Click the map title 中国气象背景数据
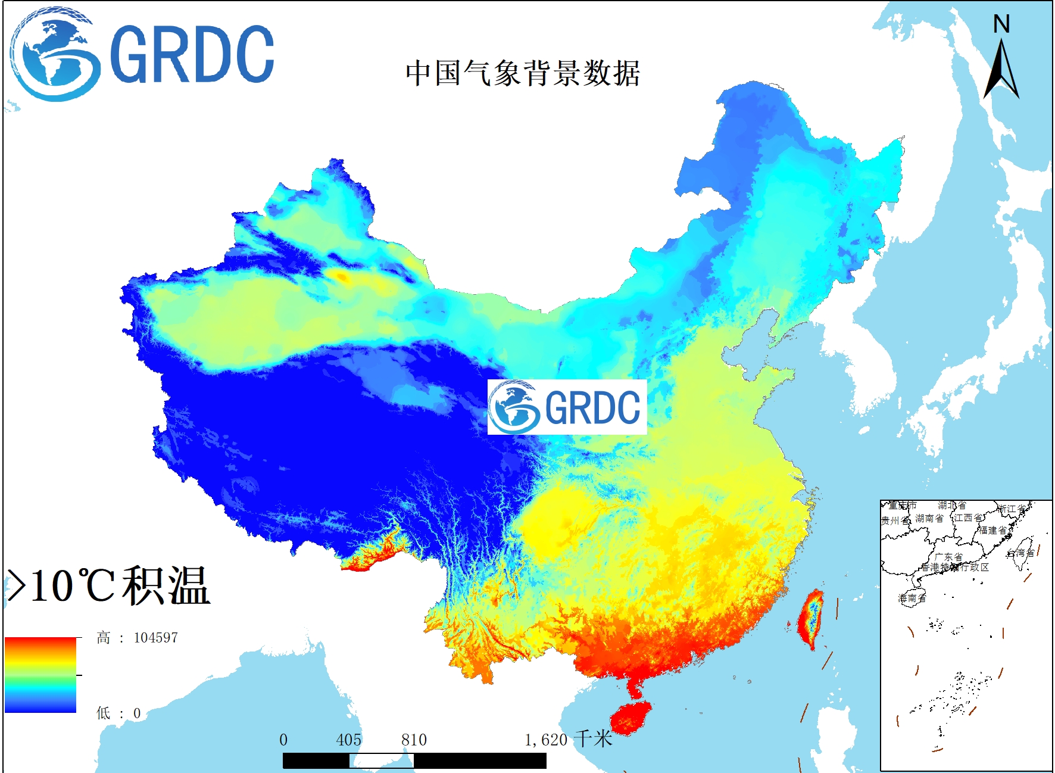tap(522, 73)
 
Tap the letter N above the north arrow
tap(1001, 24)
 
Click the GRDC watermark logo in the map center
tap(567, 407)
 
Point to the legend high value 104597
tap(155, 638)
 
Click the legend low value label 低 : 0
tap(118, 713)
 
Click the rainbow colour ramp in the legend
tap(40, 675)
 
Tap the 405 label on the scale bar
tap(348, 740)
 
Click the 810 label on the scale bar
tap(414, 740)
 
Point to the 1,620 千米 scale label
tap(568, 740)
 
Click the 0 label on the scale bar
tap(283, 740)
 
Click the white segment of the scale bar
tap(381, 760)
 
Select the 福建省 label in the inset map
tap(992, 530)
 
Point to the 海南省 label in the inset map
tap(912, 598)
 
